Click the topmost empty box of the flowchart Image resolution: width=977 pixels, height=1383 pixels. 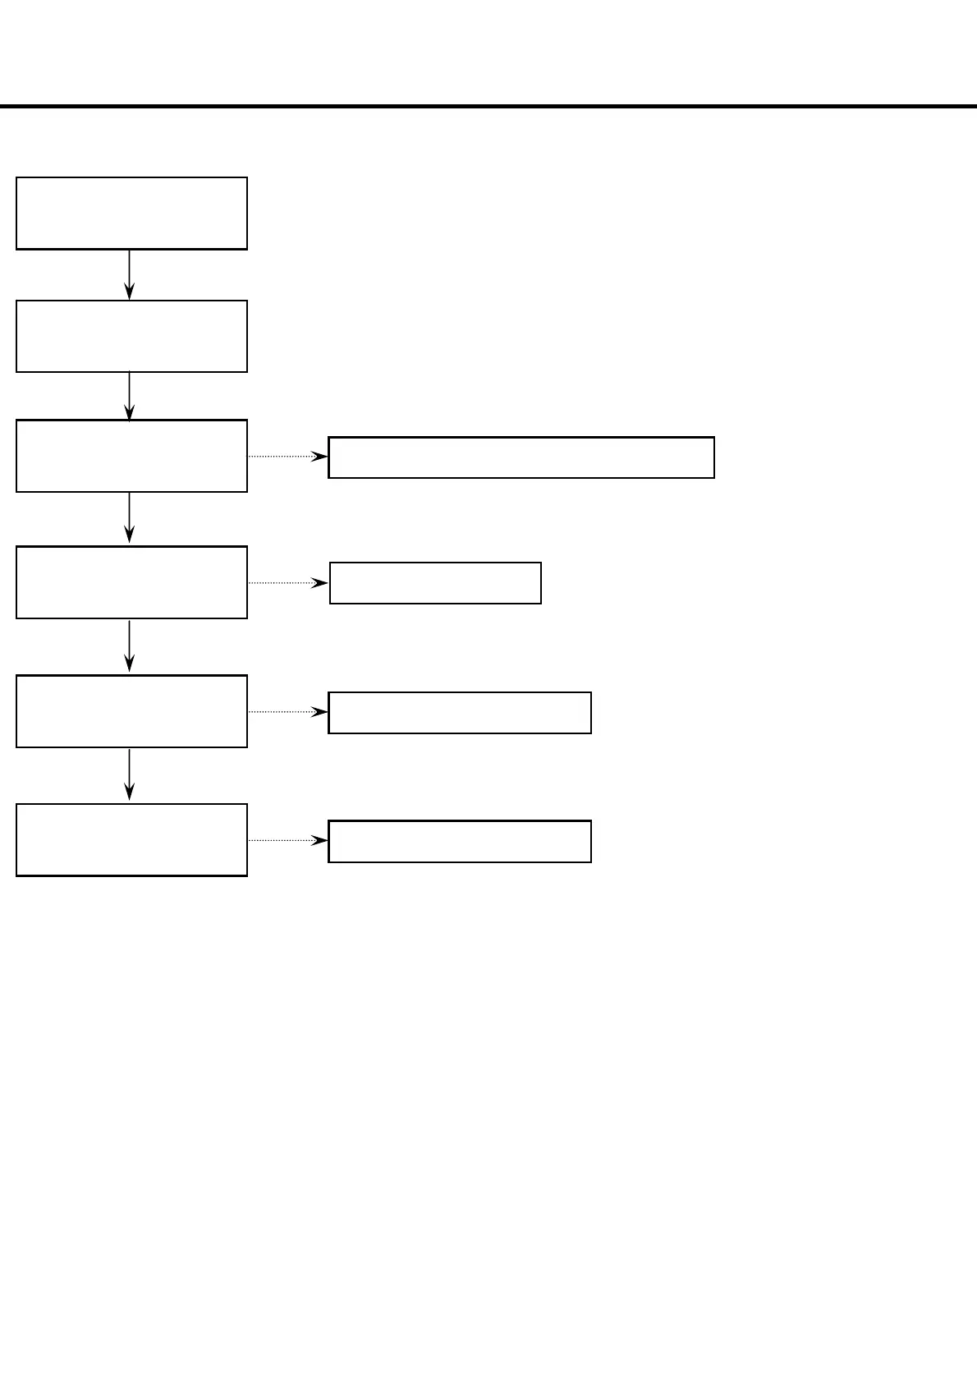(131, 213)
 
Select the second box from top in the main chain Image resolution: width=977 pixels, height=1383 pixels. (131, 336)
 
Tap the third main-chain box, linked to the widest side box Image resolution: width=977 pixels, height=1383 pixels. (131, 456)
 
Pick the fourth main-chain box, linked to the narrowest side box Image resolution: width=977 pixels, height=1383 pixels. (131, 582)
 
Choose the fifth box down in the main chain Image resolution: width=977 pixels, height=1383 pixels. (131, 711)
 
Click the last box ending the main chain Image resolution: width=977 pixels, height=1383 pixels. (131, 840)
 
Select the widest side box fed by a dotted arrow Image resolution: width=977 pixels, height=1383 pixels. (521, 457)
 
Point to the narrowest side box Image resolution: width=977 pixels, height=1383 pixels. (435, 583)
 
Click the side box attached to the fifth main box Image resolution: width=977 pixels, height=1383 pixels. (460, 712)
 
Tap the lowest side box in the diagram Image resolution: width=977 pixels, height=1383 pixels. (460, 841)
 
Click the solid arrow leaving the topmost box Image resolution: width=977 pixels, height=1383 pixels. (129, 274)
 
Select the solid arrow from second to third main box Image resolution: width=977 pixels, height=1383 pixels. (129, 396)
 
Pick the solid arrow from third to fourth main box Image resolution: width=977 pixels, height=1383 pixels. (129, 518)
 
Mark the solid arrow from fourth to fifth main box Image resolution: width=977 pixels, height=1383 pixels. (129, 646)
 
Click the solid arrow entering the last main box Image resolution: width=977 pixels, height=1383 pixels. (129, 774)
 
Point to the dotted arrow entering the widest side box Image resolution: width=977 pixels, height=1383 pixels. (287, 456)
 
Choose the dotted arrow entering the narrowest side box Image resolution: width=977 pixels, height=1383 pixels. (287, 582)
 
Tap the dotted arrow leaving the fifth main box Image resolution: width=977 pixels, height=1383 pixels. (287, 711)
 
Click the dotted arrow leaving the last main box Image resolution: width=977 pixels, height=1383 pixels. (287, 840)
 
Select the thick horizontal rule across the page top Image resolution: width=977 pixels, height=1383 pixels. (488, 106)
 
